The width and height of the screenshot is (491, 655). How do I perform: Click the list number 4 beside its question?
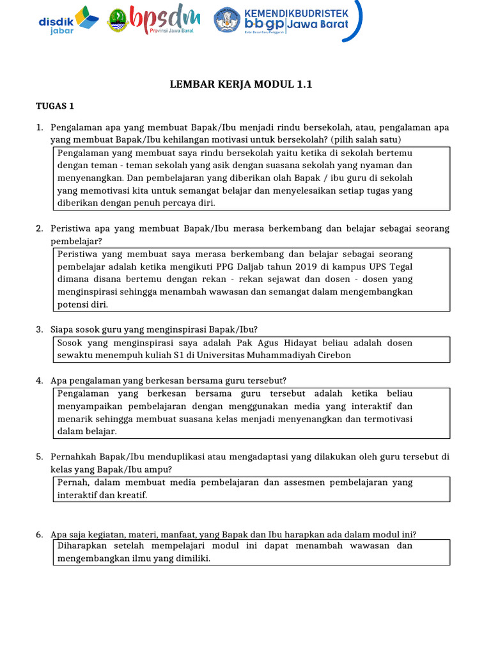(x=39, y=381)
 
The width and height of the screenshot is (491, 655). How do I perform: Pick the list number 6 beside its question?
(x=39, y=534)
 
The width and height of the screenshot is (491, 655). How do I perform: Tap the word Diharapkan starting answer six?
(x=83, y=546)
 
